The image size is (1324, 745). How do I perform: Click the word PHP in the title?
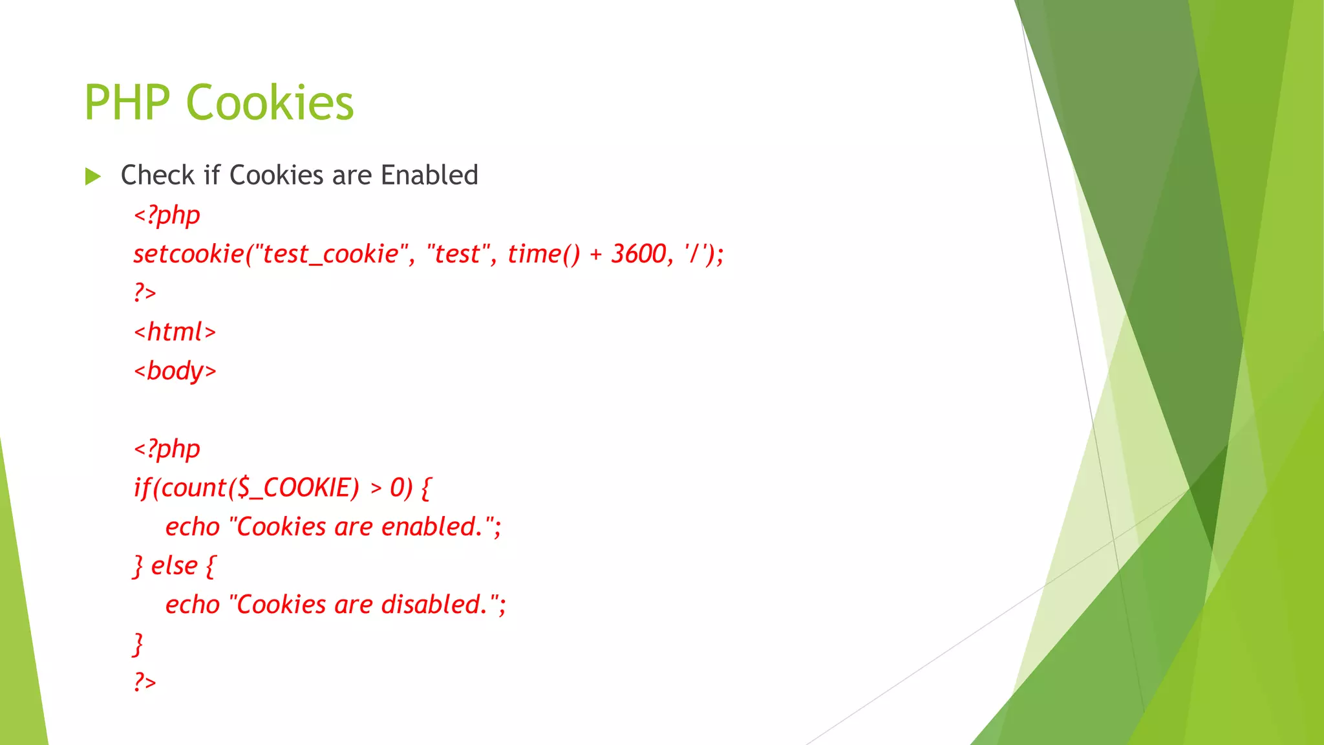(127, 103)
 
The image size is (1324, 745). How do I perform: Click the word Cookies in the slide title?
(270, 103)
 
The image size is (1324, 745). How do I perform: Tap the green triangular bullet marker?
(93, 176)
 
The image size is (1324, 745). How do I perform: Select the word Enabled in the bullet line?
(429, 175)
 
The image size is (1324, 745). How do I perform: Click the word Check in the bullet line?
(157, 175)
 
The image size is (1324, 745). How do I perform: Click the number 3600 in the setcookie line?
(638, 254)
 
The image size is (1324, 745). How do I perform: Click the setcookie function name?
(188, 254)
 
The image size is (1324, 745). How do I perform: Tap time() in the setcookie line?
(544, 254)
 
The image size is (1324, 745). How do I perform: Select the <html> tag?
(175, 332)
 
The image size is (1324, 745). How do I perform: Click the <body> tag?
(175, 371)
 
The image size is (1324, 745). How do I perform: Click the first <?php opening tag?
(167, 215)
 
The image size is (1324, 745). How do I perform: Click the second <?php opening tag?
(167, 449)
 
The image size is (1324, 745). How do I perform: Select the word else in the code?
(174, 566)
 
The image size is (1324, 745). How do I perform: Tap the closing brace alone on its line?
(138, 644)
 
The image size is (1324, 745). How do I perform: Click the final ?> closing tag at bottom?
(145, 682)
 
